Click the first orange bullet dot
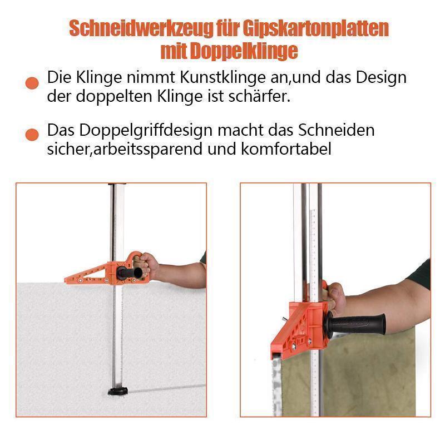(x=32, y=83)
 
